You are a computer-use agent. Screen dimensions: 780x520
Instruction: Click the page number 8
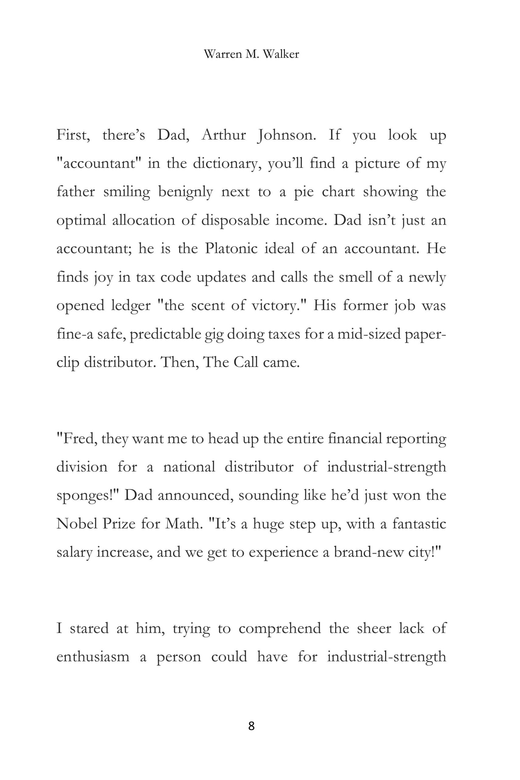pyautogui.click(x=251, y=726)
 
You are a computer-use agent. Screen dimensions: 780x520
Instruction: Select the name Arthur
pyautogui.click(x=224, y=135)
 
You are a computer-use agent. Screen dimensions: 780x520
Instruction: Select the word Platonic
pyautogui.click(x=231, y=248)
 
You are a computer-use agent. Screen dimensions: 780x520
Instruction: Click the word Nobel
pyautogui.click(x=76, y=524)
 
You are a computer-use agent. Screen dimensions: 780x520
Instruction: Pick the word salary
pyautogui.click(x=74, y=552)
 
